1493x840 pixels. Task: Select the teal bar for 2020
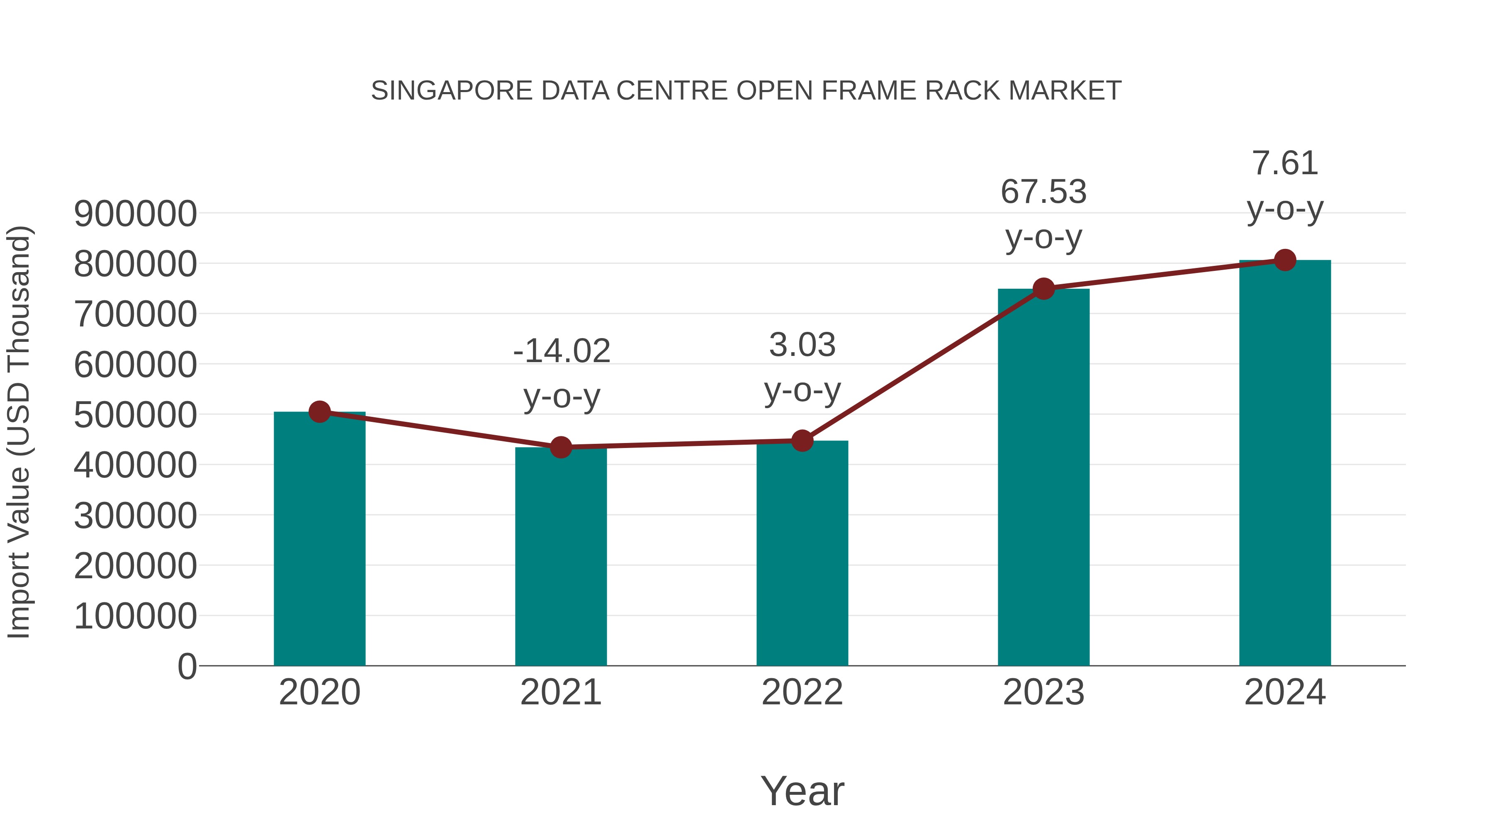click(x=319, y=539)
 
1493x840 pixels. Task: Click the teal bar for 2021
click(x=560, y=557)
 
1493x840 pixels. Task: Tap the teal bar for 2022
click(x=802, y=554)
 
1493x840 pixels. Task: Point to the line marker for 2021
click(x=560, y=447)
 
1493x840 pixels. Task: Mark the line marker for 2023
click(x=1043, y=288)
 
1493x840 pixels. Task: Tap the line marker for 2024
click(x=1285, y=260)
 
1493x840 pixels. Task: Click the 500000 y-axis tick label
click(x=135, y=415)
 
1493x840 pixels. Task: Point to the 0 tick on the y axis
click(x=187, y=666)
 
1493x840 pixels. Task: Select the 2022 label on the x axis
click(x=802, y=692)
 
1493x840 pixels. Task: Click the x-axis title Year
click(x=802, y=791)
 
